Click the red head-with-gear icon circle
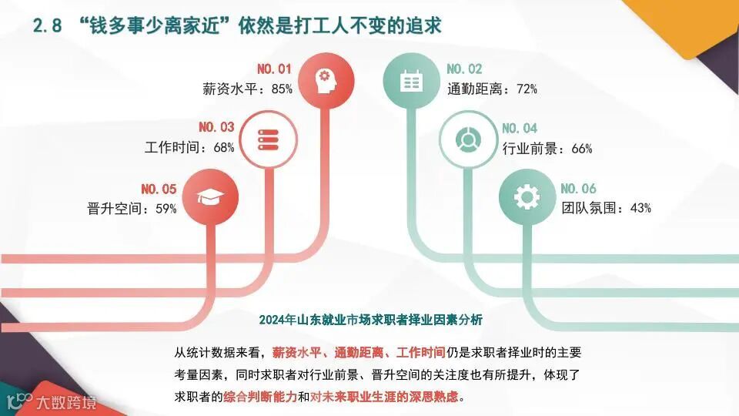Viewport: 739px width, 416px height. [x=324, y=79]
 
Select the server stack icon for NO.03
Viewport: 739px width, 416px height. [x=266, y=139]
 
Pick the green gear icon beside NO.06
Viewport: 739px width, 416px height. [x=527, y=197]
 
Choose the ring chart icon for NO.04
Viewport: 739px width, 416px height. [x=466, y=139]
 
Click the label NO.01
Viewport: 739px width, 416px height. [x=276, y=69]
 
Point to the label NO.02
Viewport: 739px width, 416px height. [x=464, y=69]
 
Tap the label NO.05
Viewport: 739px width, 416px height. [x=159, y=189]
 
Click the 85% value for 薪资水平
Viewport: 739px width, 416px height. [x=282, y=89]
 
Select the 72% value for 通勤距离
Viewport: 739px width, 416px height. [x=527, y=89]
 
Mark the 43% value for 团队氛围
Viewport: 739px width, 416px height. [x=640, y=208]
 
